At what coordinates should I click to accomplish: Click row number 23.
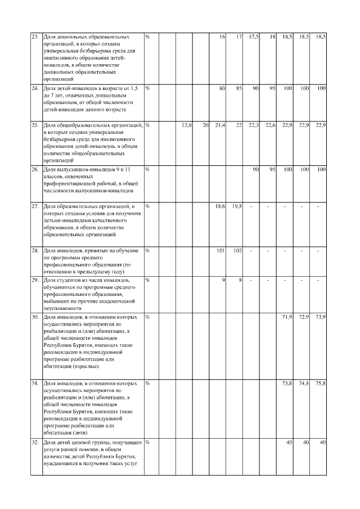pyautogui.click(x=34, y=37)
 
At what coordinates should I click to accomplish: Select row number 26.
pyautogui.click(x=34, y=169)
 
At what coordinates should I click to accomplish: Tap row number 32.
pyautogui.click(x=34, y=443)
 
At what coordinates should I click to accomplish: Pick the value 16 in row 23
pyautogui.click(x=223, y=37)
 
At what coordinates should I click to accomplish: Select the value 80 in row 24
pyautogui.click(x=222, y=88)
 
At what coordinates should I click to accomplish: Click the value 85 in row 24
pyautogui.click(x=238, y=88)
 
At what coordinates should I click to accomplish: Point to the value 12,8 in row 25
pyautogui.click(x=188, y=124)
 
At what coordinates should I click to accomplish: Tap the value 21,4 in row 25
pyautogui.click(x=220, y=124)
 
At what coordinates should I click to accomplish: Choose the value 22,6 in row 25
pyautogui.click(x=270, y=124)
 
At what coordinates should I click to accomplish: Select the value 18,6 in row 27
pyautogui.click(x=220, y=206)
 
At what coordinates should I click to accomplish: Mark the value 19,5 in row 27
pyautogui.click(x=237, y=206)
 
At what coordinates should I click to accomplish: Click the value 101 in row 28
pyautogui.click(x=221, y=251)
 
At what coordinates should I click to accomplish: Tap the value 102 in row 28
pyautogui.click(x=237, y=251)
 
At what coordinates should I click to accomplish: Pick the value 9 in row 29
pyautogui.click(x=223, y=280)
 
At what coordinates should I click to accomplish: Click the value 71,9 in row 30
pyautogui.click(x=287, y=317)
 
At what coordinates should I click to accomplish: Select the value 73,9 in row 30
pyautogui.click(x=321, y=317)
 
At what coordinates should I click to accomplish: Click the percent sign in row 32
pyautogui.click(x=147, y=443)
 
